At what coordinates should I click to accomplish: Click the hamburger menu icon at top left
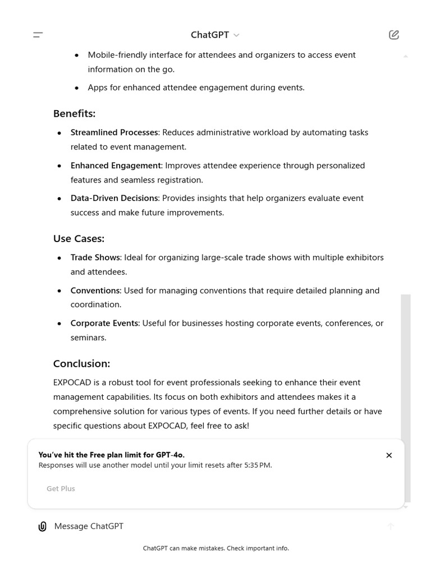(38, 35)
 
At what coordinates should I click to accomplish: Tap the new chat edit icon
(394, 35)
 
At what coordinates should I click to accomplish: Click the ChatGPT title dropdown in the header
(215, 35)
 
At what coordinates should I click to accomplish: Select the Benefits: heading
(74, 113)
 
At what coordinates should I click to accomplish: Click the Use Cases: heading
(79, 239)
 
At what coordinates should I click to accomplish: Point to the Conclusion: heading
(81, 363)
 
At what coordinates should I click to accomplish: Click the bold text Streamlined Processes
(114, 133)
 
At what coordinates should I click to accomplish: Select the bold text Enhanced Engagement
(116, 166)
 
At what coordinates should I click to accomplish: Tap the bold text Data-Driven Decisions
(114, 198)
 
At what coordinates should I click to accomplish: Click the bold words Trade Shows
(95, 258)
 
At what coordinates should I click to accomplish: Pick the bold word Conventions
(95, 291)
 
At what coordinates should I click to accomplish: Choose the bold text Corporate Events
(104, 323)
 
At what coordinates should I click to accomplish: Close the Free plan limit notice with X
(389, 455)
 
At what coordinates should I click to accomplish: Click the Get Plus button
(61, 489)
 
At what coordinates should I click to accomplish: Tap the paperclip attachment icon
(42, 526)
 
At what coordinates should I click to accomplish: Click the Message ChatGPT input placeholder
(89, 526)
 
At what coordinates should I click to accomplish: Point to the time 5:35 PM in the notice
(258, 466)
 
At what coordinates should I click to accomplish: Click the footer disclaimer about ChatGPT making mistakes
(215, 548)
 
